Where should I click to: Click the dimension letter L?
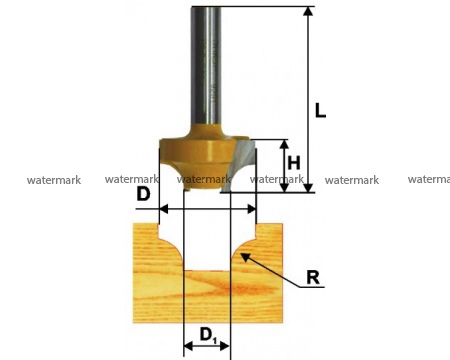click(320, 111)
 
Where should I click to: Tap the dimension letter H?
click(294, 163)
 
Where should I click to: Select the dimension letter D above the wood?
click(143, 194)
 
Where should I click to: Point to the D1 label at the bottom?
click(208, 335)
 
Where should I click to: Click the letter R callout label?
click(313, 277)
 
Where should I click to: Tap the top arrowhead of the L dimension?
click(309, 11)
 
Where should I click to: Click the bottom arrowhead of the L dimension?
click(309, 188)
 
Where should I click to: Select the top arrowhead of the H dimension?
click(284, 144)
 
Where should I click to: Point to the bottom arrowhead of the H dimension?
click(284, 188)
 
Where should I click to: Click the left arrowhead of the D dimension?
click(164, 209)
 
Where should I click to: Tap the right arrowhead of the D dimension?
click(251, 209)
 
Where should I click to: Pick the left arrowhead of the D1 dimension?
click(188, 346)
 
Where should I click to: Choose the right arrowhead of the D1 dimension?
click(225, 346)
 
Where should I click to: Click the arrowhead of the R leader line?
click(245, 257)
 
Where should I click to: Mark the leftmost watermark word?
click(54, 180)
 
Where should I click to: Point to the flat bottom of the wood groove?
click(207, 270)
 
